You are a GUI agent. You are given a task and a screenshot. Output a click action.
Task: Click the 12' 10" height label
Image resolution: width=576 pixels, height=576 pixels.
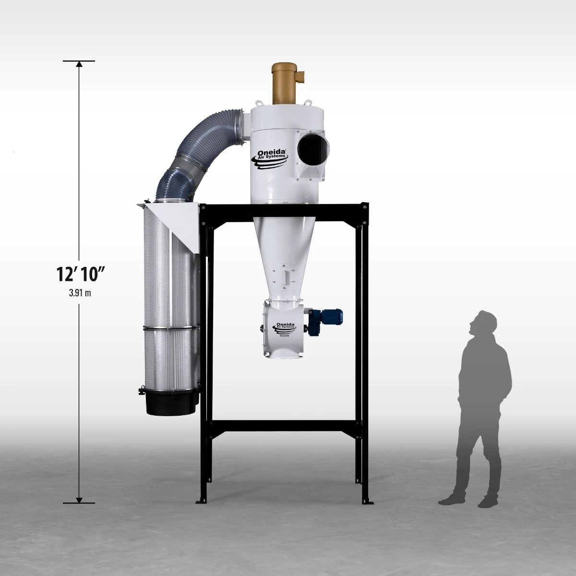pyautogui.click(x=79, y=275)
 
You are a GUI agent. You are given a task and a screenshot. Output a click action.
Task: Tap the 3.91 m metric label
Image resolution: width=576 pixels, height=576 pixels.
pyautogui.click(x=79, y=293)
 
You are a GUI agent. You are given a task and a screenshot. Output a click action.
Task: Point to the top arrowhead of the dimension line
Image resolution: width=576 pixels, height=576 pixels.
pyautogui.click(x=79, y=64)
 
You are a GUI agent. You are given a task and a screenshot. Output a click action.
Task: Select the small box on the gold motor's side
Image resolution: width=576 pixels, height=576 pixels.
pyautogui.click(x=301, y=76)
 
